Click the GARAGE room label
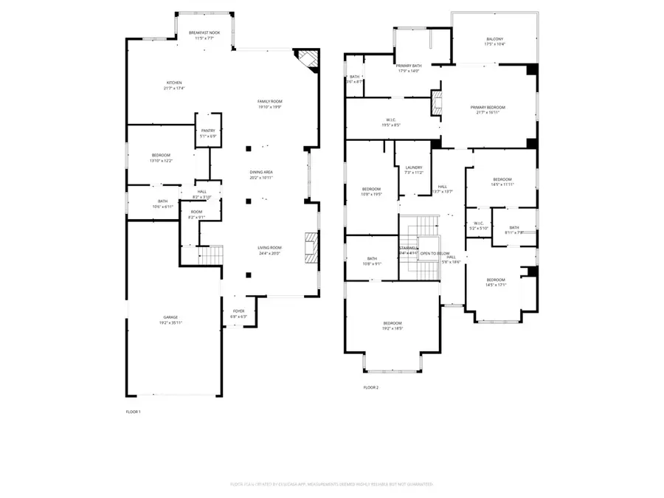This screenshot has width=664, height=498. [170, 317]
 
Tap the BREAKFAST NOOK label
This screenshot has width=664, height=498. [204, 32]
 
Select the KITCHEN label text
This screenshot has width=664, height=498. [174, 83]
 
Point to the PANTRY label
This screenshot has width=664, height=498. [208, 131]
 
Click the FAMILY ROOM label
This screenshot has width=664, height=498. [269, 101]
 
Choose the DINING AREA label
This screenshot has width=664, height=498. [262, 172]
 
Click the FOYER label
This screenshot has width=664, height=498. [239, 311]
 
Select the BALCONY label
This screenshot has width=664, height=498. [495, 39]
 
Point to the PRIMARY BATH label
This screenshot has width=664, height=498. [408, 66]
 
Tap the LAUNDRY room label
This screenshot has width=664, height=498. [414, 167]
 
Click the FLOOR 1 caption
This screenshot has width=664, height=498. [133, 411]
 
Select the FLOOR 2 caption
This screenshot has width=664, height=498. [370, 387]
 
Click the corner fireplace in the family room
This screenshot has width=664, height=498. [308, 59]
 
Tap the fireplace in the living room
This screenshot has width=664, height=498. [310, 243]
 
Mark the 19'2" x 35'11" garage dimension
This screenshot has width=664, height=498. [170, 323]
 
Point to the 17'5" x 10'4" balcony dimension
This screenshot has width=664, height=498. [495, 45]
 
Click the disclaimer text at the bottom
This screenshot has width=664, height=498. [331, 484]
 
